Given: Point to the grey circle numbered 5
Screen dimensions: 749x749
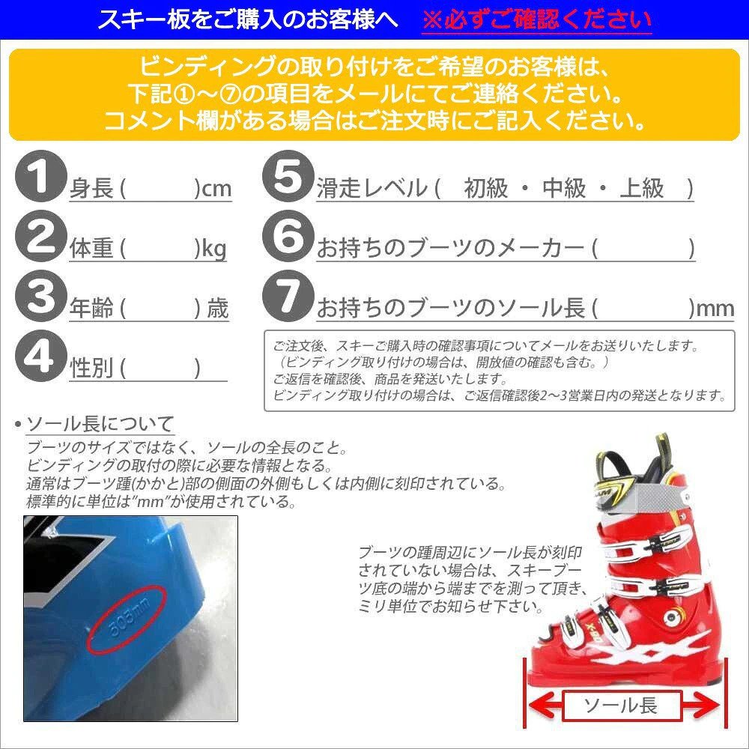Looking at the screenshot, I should (x=285, y=178).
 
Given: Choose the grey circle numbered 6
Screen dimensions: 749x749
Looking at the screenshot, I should (x=285, y=237).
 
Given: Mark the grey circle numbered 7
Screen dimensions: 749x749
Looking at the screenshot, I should (x=285, y=297).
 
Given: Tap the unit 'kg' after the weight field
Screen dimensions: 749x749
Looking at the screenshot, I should (x=213, y=249).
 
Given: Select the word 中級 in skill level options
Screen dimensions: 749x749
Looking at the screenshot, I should (x=564, y=189).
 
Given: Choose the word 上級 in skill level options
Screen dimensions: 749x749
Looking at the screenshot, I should (x=642, y=189).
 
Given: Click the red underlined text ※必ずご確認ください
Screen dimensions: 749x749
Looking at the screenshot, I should (x=537, y=19).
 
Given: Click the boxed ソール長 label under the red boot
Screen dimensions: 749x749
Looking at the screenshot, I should (x=620, y=705).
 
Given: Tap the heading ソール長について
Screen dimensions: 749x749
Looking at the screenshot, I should (x=100, y=425).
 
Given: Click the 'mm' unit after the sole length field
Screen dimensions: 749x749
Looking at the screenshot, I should (x=715, y=309).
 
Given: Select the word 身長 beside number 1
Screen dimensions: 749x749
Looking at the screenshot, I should (x=91, y=189).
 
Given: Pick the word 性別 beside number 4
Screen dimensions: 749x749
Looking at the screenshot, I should (x=91, y=369).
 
